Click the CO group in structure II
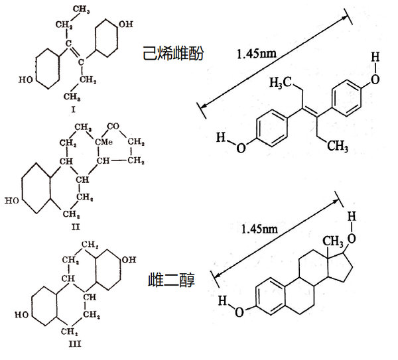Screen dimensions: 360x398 (x=115, y=124)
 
